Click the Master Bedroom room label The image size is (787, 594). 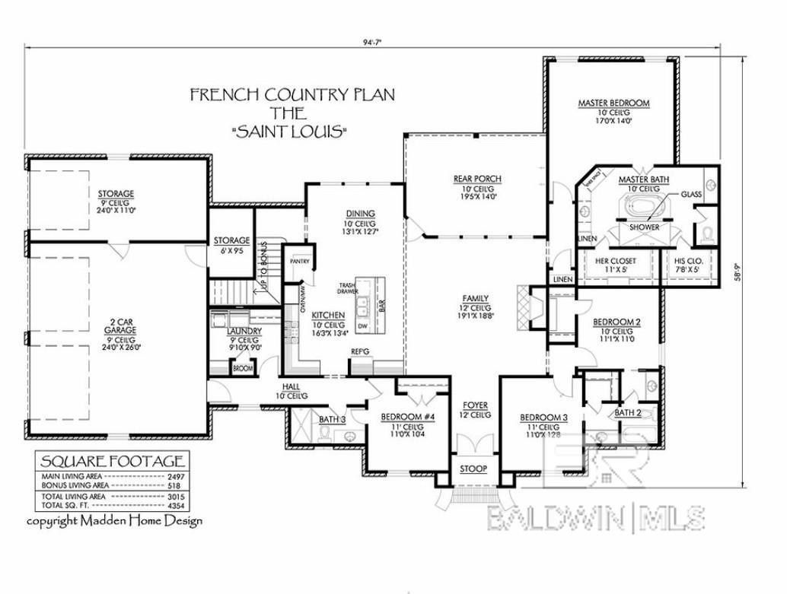[613, 103]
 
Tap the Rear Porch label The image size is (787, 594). [477, 179]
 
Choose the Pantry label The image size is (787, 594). [299, 262]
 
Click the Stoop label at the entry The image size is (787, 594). [473, 469]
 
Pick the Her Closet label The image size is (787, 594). [615, 261]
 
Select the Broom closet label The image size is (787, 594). [242, 369]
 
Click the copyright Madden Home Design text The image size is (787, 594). [115, 521]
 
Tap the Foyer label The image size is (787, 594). [476, 405]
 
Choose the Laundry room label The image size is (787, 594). [244, 332]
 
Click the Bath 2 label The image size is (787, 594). [628, 413]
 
